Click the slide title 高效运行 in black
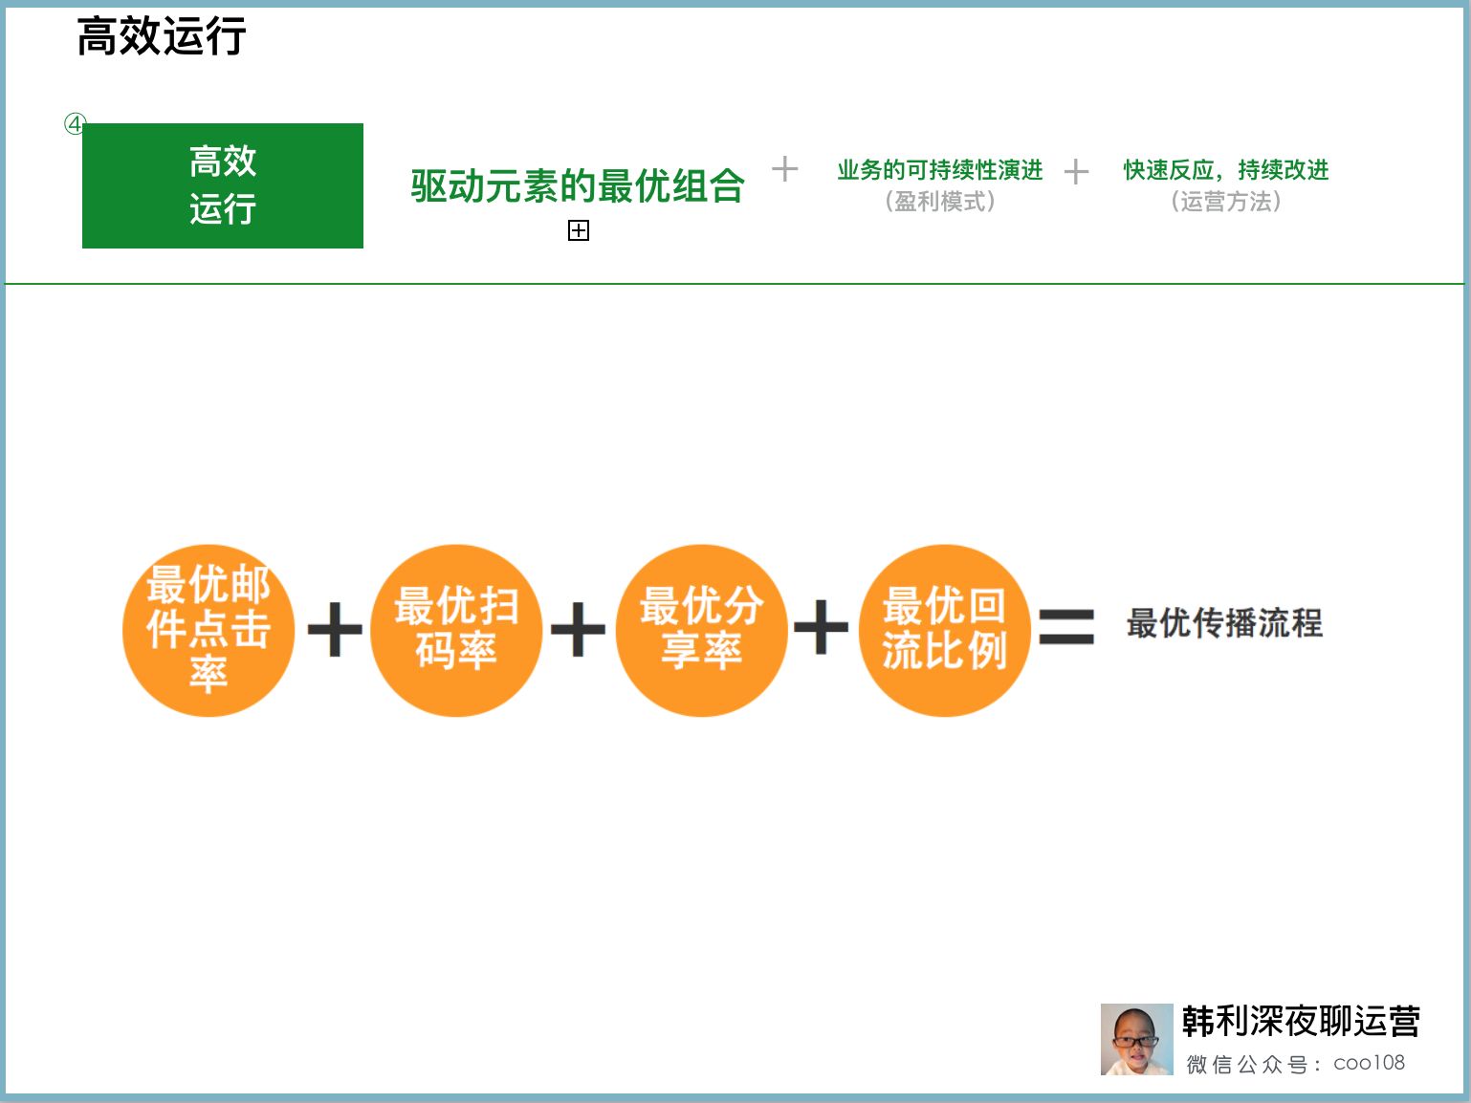tap(162, 37)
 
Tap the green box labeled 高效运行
tap(223, 185)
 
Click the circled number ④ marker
tap(74, 124)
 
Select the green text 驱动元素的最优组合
tap(578, 185)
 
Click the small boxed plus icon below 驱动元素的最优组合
tap(579, 230)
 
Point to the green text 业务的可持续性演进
tap(939, 170)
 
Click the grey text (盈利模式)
tap(939, 202)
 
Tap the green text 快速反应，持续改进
tap(1225, 170)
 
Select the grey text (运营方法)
tap(1225, 202)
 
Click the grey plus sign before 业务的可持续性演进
tap(784, 169)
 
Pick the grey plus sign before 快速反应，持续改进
tap(1076, 172)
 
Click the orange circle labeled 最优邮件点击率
tap(209, 630)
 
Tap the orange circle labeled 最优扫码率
tap(456, 630)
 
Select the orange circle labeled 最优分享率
tap(701, 630)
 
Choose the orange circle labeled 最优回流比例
tap(945, 630)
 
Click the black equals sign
tap(1065, 627)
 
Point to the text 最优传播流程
tap(1224, 623)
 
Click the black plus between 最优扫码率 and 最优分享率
tap(579, 629)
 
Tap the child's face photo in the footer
tap(1136, 1039)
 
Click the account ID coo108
tap(1369, 1063)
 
